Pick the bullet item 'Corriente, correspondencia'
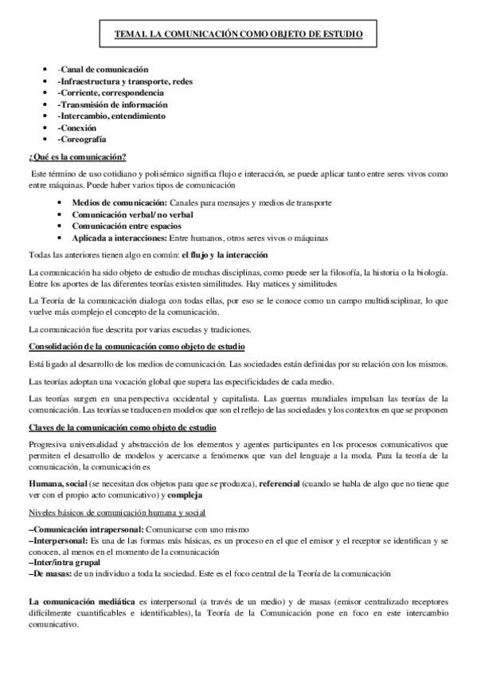point(111,93)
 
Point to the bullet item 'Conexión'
point(77,128)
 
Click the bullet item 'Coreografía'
point(83,139)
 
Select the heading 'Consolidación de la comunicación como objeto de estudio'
point(136,346)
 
